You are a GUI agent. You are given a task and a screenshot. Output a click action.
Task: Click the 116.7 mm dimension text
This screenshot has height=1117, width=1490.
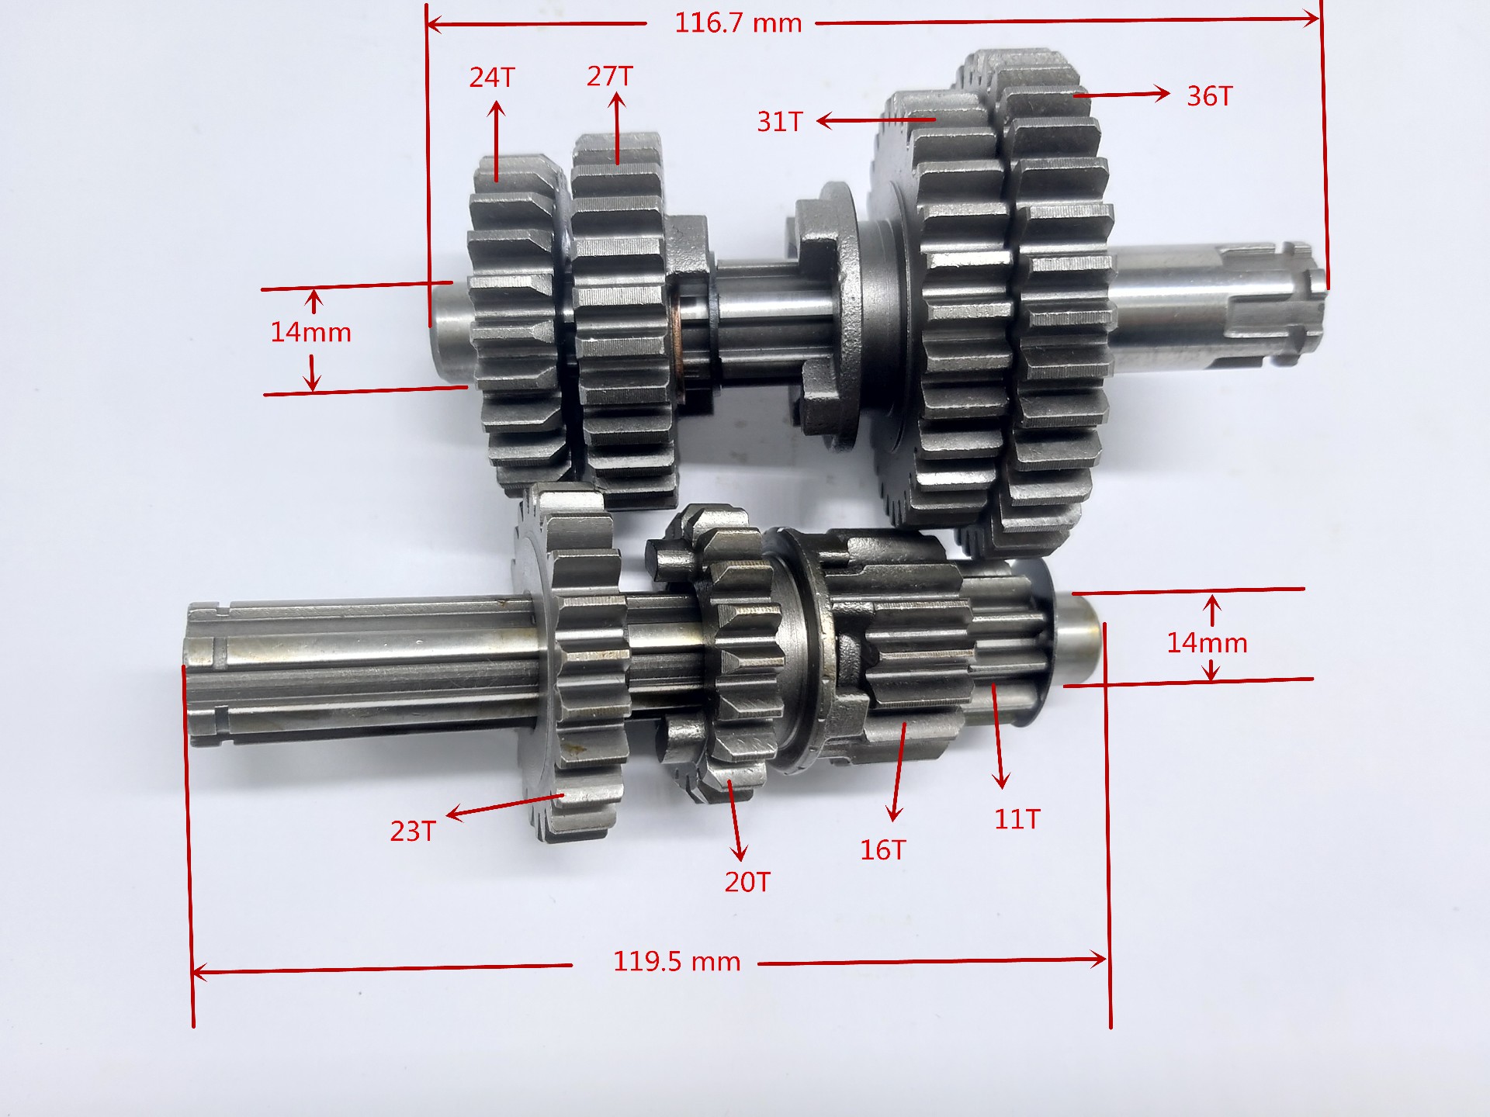tap(738, 23)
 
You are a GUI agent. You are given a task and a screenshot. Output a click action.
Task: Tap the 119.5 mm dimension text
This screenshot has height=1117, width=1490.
tap(677, 962)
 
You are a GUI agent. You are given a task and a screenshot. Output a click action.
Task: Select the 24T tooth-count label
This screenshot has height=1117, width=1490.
tap(492, 78)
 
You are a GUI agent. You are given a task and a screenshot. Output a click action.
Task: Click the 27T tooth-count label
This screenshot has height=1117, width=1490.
tap(610, 76)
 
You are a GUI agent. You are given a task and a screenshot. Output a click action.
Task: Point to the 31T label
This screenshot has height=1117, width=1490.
tap(780, 122)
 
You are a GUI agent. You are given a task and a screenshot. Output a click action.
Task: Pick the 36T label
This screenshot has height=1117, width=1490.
tap(1210, 96)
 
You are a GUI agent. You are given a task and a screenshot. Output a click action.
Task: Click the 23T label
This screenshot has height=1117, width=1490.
tap(413, 832)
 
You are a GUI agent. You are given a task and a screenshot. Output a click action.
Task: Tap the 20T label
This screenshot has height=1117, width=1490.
tap(747, 882)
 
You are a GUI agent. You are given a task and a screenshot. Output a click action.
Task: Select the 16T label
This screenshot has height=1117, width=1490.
tap(882, 850)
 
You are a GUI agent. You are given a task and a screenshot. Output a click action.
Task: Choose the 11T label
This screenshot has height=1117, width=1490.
tap(1017, 819)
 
